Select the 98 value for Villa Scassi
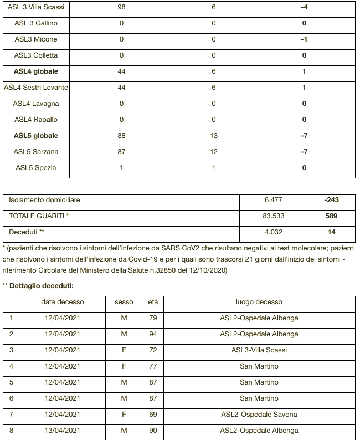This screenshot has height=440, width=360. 121,7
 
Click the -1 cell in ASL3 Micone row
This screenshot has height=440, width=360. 304,39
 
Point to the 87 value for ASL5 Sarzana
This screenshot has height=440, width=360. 121,152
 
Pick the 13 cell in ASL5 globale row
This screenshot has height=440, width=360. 214,136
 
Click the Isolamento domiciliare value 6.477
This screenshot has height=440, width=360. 274,200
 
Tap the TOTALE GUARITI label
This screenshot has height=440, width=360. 39,216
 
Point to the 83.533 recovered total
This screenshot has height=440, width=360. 274,216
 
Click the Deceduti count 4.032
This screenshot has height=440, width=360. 274,232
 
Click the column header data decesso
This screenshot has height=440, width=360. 63,302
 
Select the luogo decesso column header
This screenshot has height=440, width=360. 259,302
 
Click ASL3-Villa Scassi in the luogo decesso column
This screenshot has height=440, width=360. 259,350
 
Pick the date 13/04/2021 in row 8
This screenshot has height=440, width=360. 63,431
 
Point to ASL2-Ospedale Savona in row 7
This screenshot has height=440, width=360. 259,415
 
